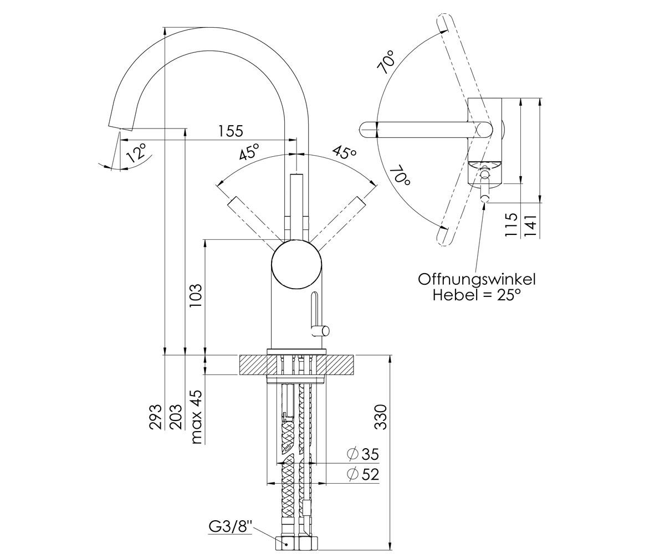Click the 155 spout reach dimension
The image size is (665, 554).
tap(231, 131)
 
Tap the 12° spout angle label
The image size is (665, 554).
tap(136, 153)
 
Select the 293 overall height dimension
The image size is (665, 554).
tap(156, 417)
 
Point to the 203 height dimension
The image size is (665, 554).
tap(176, 417)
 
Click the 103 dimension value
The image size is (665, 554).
tap(195, 295)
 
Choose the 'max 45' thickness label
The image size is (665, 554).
tap(196, 417)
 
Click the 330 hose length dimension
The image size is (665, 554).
tap(380, 417)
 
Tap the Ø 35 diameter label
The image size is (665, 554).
tap(363, 454)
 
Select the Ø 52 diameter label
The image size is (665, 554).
tap(363, 474)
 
